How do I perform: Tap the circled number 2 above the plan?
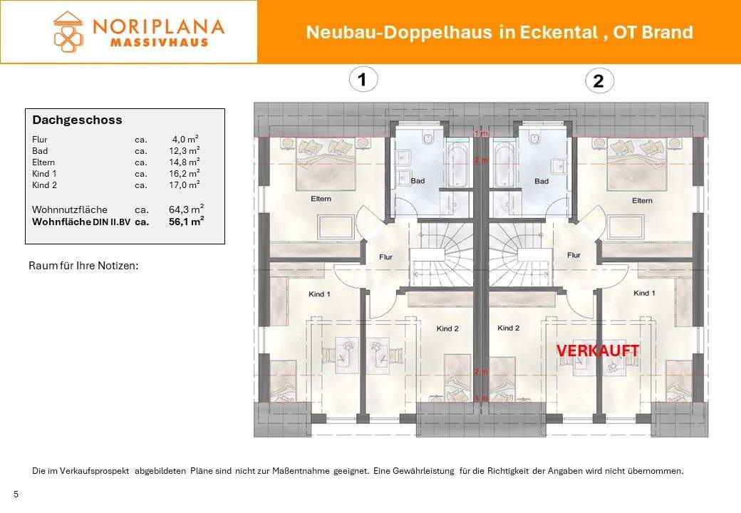(598, 82)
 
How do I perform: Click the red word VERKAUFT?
(597, 351)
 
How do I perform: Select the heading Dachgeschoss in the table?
(77, 120)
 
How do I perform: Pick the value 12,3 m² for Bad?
(184, 151)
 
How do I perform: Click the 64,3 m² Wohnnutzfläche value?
(186, 209)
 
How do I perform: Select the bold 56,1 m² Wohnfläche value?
(186, 222)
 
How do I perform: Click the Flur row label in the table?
(40, 140)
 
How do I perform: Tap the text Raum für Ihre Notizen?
(83, 266)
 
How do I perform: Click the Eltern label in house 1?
(321, 199)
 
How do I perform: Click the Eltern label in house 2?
(641, 201)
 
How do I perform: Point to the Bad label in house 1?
(418, 181)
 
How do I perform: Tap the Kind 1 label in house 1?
(319, 294)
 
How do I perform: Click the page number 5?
(16, 494)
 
